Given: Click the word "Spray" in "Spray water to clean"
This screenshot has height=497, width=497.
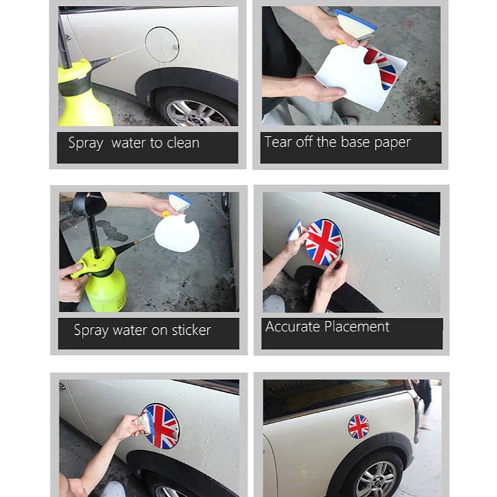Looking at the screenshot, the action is click(86, 143).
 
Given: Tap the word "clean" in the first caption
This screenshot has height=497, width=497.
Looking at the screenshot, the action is click(183, 143).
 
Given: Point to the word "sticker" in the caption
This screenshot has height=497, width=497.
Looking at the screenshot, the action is click(191, 330).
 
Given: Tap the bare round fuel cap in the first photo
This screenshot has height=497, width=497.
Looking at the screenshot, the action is click(162, 45).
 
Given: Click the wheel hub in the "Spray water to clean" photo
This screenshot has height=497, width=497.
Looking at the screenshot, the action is click(199, 113).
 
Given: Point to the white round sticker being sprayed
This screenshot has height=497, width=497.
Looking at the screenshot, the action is click(177, 233).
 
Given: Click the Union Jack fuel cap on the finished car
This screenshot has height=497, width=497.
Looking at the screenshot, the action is click(358, 427).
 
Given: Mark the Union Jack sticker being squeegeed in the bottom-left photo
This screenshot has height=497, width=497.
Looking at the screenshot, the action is click(161, 427).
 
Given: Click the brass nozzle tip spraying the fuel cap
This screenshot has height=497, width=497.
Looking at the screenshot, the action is click(113, 58).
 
